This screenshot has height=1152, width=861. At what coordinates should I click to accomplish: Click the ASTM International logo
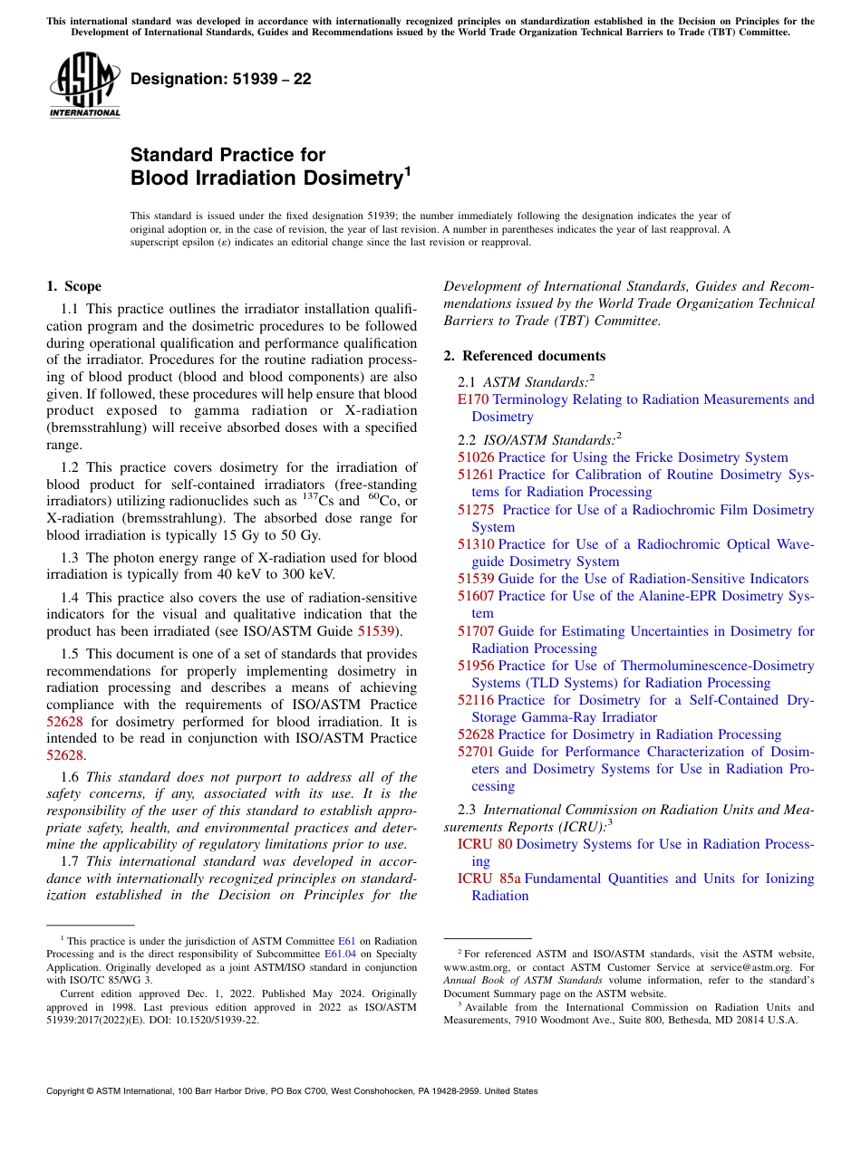[x=84, y=87]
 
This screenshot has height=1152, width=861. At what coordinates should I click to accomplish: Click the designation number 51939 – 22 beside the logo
[x=220, y=79]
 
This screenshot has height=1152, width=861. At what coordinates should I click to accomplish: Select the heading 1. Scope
[x=73, y=286]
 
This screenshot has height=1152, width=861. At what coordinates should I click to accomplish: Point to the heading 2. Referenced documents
[x=524, y=356]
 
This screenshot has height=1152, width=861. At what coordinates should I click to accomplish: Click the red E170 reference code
[x=472, y=399]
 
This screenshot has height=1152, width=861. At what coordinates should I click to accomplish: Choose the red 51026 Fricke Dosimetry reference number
[x=476, y=457]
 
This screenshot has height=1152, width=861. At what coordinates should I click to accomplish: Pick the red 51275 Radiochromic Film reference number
[x=476, y=510]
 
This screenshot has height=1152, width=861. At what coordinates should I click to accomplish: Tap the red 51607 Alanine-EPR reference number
[x=476, y=596]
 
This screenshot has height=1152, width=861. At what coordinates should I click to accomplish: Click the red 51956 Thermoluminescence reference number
[x=476, y=666]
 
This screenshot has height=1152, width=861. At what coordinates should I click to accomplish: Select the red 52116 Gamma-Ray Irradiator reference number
[x=476, y=700]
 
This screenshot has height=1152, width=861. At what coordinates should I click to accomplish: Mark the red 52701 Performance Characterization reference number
[x=476, y=752]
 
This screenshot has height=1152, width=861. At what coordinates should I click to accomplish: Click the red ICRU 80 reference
[x=484, y=844]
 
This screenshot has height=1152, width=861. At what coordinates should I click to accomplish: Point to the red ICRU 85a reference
[x=489, y=878]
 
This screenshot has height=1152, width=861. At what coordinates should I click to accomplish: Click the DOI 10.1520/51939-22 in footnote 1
[x=217, y=1019]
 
